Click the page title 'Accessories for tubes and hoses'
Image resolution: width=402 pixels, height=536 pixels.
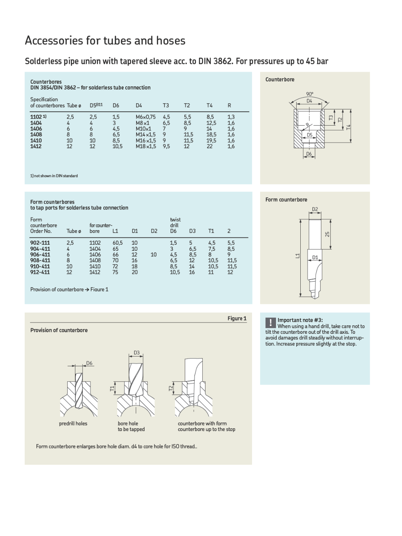[x=105, y=41]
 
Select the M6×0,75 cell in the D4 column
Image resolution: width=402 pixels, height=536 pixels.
[x=145, y=117]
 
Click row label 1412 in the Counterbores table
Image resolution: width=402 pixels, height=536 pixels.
[x=36, y=146]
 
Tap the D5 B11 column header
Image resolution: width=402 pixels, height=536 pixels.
[x=96, y=105]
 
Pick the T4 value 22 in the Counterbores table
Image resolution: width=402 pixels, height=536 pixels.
[x=210, y=146]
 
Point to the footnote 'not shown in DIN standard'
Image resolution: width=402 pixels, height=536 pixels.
[x=54, y=176]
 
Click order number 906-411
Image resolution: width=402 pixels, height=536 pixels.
[x=40, y=255]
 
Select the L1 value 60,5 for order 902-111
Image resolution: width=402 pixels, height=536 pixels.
[x=118, y=243]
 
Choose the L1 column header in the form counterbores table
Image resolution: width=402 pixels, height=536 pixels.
[x=115, y=231]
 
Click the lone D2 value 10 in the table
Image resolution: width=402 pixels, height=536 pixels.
[x=154, y=255]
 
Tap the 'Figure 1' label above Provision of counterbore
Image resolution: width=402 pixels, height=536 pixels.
[x=237, y=318]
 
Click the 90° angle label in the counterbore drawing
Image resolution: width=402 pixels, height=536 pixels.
[x=310, y=94]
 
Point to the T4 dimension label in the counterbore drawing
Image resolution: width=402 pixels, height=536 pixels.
[x=349, y=127]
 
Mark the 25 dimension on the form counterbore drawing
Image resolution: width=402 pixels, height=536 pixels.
[x=327, y=234]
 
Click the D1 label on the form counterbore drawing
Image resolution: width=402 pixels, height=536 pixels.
[x=315, y=258]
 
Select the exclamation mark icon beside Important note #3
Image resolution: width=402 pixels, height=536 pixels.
[x=270, y=322]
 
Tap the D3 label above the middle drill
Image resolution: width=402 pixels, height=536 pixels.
[x=137, y=353]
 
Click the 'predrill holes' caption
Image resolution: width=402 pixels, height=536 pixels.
[x=73, y=424]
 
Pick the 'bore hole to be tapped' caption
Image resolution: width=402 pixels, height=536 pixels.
[x=131, y=427]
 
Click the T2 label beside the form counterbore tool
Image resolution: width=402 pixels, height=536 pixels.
[x=171, y=388]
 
